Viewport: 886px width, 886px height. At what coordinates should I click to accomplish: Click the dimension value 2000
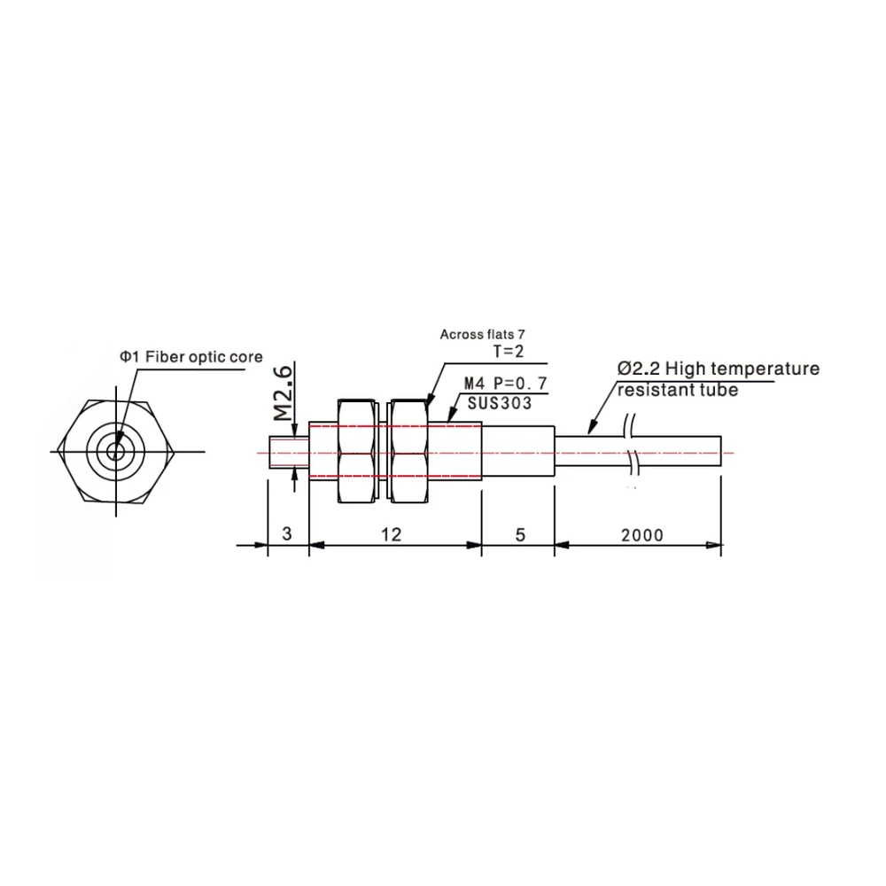pos(641,534)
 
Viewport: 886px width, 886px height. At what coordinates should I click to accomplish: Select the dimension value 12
pos(391,534)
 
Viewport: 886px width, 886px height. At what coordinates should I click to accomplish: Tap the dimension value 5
pos(520,534)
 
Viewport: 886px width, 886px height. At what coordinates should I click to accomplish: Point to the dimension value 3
pos(287,533)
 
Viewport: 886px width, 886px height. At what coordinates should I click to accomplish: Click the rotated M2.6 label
pos(284,393)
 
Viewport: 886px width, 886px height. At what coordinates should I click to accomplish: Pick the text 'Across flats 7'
pos(483,335)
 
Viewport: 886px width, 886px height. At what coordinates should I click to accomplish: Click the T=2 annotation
pos(509,352)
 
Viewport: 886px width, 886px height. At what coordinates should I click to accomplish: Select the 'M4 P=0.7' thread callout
pos(506,383)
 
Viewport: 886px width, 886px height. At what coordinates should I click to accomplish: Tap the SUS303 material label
pos(500,403)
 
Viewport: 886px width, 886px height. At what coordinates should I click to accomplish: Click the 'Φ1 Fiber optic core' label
pos(191,356)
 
